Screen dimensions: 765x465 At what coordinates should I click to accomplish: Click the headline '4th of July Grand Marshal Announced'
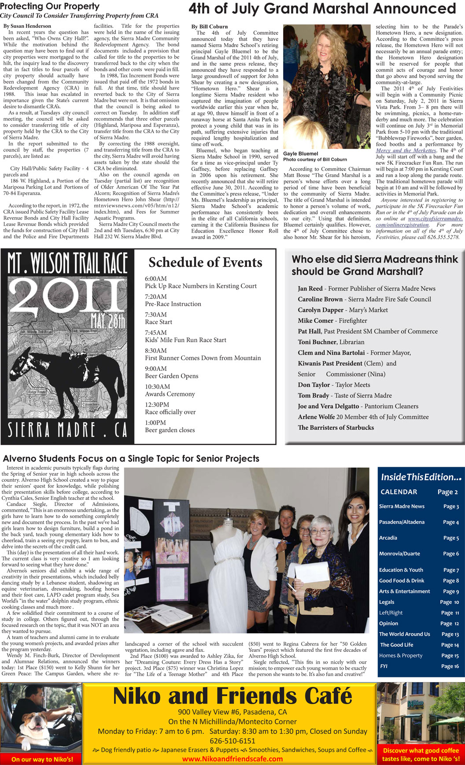coord(322,9)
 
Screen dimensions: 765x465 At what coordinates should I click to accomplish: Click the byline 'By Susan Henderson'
coord(27,26)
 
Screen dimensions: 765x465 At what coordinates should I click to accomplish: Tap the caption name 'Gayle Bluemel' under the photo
coord(301,154)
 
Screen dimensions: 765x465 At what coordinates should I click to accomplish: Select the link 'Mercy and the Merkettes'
coord(406,151)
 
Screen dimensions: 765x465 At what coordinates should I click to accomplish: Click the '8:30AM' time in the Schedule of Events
coord(156,351)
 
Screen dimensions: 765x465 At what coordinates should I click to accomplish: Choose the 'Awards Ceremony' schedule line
coord(170,394)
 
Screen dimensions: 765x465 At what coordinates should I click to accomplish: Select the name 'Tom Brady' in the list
coord(313,395)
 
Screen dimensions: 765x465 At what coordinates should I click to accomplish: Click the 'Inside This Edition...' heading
coord(421,477)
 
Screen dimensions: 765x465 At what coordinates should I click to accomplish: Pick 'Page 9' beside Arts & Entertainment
coord(451,591)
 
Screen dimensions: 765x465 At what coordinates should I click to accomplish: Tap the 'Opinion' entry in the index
coord(388,624)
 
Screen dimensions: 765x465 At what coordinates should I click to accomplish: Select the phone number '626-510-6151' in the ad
coord(232,741)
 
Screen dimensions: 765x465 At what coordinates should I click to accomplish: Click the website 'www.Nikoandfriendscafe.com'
coord(232,759)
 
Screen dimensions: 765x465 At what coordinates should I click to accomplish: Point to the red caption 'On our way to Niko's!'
coord(42,759)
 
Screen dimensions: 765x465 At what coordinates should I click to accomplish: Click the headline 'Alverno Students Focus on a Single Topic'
coord(131,458)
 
